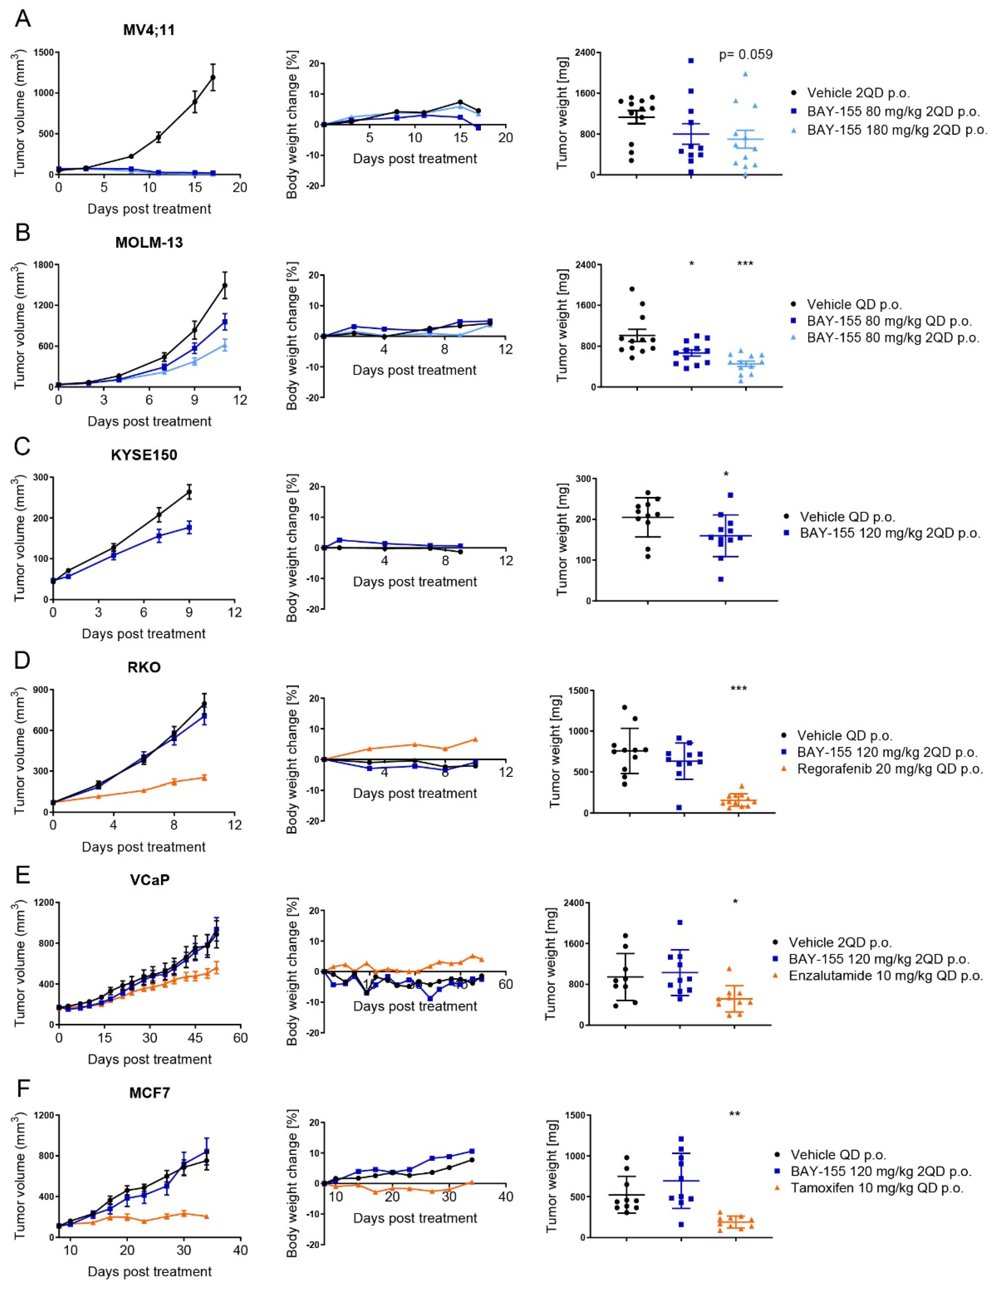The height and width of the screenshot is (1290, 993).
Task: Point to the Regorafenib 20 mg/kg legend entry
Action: (x=890, y=769)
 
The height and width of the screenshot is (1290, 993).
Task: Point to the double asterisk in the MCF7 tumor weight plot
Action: (x=735, y=1114)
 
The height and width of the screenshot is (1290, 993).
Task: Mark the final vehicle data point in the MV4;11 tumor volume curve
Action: (x=212, y=77)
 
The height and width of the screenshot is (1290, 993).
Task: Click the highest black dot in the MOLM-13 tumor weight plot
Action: (x=632, y=289)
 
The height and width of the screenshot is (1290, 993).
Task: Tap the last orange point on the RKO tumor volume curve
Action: (x=204, y=777)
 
